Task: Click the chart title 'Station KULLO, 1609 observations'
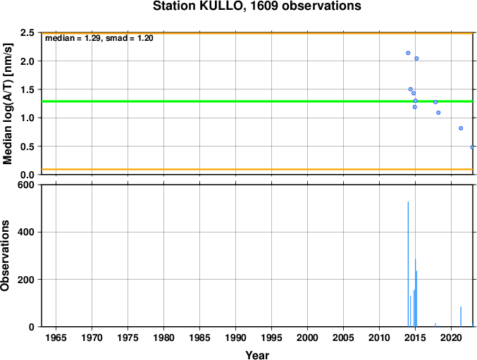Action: tap(257, 6)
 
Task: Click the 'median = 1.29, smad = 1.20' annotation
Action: tap(99, 38)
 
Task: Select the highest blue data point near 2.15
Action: tap(408, 53)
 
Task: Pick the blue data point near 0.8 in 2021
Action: tap(461, 128)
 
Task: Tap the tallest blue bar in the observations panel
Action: tap(408, 264)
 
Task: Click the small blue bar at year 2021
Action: tap(461, 317)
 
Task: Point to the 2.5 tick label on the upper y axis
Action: tap(27, 32)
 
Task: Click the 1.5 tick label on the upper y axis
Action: tap(27, 89)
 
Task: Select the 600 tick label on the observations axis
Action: tap(26, 185)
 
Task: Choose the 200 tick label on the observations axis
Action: tap(26, 280)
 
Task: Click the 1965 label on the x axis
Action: tap(56, 337)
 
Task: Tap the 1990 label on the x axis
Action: tap(235, 337)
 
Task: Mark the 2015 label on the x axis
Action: tap(415, 337)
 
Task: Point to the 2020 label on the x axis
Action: tap(451, 337)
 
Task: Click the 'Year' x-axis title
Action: tap(257, 355)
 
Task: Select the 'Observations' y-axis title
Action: tap(5, 256)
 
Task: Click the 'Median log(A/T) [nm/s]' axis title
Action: tap(7, 104)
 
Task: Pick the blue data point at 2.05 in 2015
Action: tap(416, 58)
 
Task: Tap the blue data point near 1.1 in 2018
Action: tap(438, 113)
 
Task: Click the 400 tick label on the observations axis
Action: tap(26, 232)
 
